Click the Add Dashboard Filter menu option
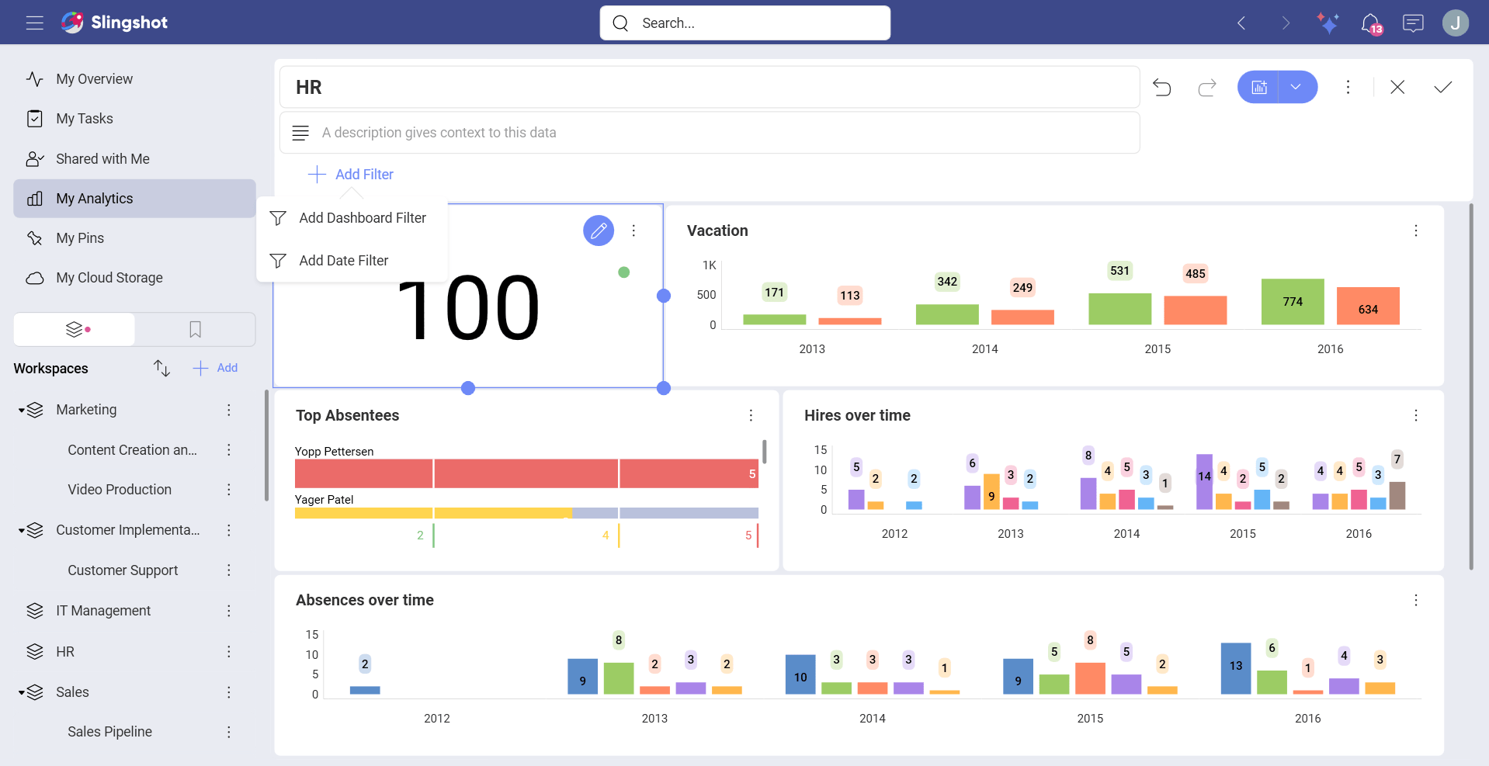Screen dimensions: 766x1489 362,218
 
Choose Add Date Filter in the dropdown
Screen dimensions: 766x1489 343,261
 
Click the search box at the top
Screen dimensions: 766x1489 744,23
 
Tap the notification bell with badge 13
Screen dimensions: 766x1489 1370,23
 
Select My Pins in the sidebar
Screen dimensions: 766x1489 80,238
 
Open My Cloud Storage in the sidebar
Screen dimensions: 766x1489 109,278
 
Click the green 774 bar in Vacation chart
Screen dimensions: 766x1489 1292,302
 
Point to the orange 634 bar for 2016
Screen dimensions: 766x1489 1367,307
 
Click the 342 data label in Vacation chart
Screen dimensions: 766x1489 946,282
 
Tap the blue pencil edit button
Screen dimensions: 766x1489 598,230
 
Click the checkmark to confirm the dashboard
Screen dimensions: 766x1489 1442,87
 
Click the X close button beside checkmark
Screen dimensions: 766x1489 1397,87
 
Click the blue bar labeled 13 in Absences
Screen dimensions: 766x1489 1235,667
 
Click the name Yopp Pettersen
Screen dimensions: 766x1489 334,452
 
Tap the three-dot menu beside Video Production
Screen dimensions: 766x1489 229,490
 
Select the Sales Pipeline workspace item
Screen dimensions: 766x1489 109,732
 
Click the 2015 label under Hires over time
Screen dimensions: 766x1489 1242,534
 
